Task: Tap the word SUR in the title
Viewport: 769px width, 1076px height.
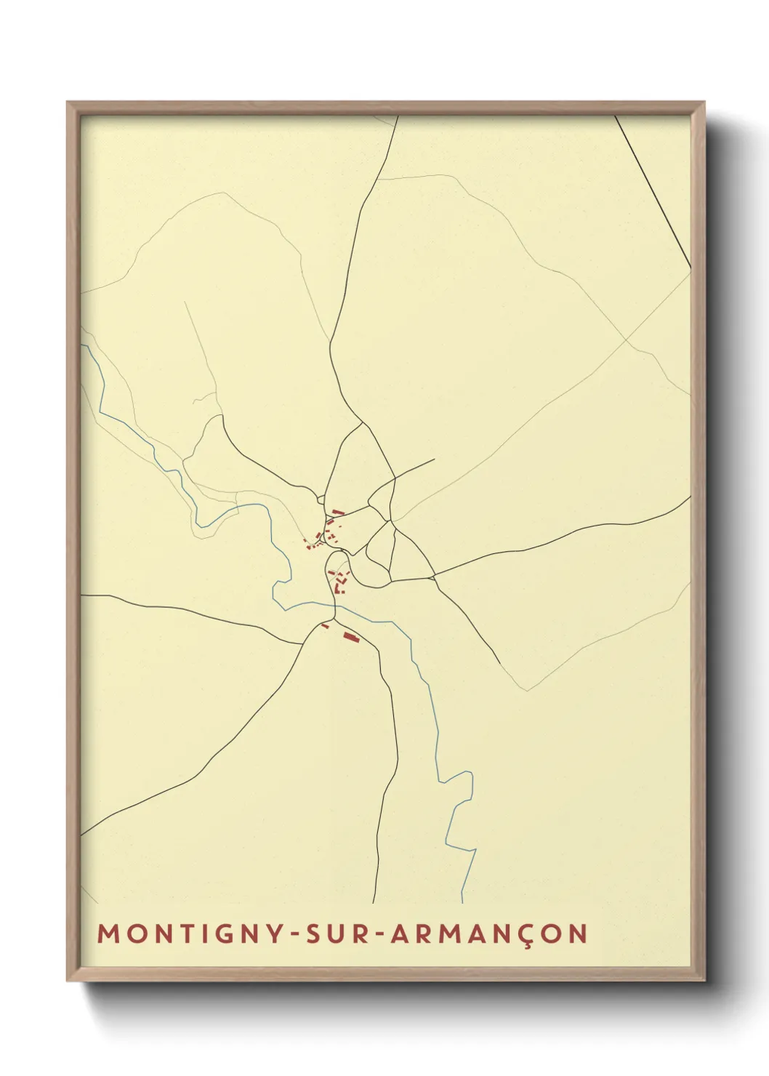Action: [x=339, y=934]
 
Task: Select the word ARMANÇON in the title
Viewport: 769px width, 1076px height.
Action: [x=489, y=934]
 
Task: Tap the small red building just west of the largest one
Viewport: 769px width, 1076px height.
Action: [x=326, y=625]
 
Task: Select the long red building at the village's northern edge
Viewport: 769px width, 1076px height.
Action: [x=338, y=513]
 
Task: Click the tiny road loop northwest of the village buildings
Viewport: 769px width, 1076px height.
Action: [x=321, y=499]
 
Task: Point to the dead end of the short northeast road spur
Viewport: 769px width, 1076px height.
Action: [x=434, y=459]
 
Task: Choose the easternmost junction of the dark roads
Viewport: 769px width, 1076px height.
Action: [x=433, y=577]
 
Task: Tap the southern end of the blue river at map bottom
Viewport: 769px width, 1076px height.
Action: [x=462, y=902]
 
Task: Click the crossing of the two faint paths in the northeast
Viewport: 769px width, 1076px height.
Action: [x=626, y=340]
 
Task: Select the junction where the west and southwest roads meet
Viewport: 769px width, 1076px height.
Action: [x=303, y=643]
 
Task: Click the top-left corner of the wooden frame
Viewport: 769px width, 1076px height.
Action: [x=69, y=104]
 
